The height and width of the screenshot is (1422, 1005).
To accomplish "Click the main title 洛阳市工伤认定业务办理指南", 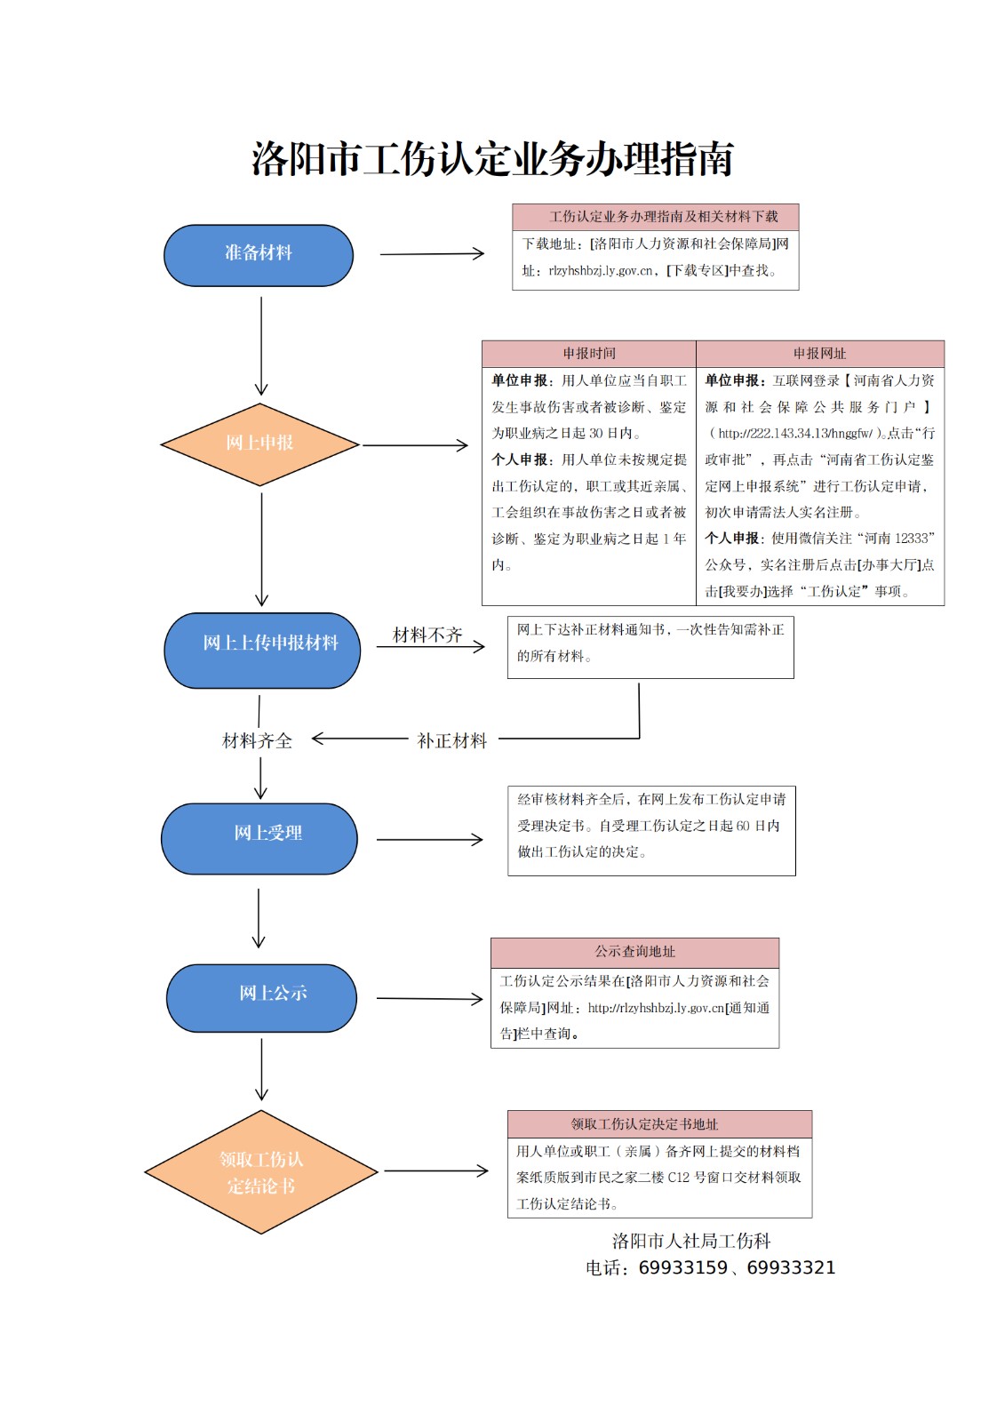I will pos(492,160).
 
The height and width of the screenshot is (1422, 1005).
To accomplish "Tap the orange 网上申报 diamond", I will pos(259,443).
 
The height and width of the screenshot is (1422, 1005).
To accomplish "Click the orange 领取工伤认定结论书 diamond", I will pos(261,1172).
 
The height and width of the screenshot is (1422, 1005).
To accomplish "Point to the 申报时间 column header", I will pos(588,354).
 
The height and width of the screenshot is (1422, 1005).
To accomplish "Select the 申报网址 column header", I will pos(819,354).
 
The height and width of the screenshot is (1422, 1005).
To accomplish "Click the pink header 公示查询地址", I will pos(634,952).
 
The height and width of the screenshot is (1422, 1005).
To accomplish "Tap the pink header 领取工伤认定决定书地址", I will pos(659,1124).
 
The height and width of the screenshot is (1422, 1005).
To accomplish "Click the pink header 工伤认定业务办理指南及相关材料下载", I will pos(655,217).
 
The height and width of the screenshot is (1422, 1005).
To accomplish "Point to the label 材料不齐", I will pos(427,635).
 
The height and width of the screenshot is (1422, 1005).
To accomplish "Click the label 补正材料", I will pos(452,740).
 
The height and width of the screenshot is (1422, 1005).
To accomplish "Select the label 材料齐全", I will pos(257,740).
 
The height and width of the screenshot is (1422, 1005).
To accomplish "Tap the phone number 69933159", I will pos(682,1268).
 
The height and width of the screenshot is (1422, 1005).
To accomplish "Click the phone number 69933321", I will pos(791,1268).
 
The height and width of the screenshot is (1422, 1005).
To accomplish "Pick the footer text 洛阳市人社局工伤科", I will pos(691,1241).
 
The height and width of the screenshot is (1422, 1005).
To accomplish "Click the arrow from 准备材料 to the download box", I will pos(432,254).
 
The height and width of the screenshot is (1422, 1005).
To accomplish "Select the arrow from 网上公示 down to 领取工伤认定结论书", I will pos(261,1069).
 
